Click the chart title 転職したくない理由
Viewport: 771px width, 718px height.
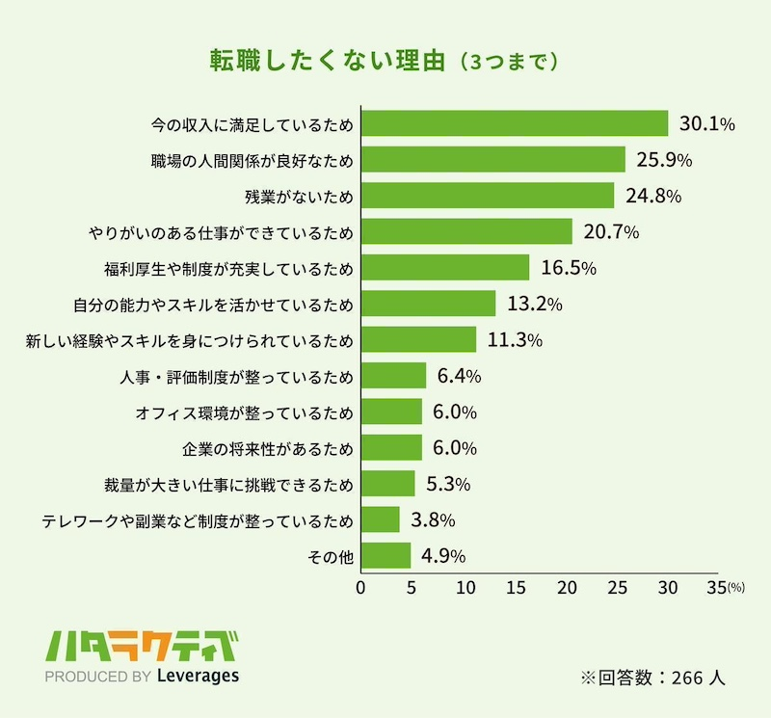328,60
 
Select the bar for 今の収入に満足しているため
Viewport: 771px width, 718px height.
515,123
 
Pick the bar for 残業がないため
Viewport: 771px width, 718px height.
488,196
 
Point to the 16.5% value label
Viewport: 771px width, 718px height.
568,268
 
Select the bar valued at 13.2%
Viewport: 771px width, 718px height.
428,304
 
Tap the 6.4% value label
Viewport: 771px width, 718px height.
461,376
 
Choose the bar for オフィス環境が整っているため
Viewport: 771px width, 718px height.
391,412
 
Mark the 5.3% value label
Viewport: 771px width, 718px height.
447,484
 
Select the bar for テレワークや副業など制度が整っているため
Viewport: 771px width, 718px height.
381,519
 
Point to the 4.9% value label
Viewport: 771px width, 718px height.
443,556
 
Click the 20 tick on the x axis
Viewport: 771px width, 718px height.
566,587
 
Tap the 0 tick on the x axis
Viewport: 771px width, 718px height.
361,587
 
